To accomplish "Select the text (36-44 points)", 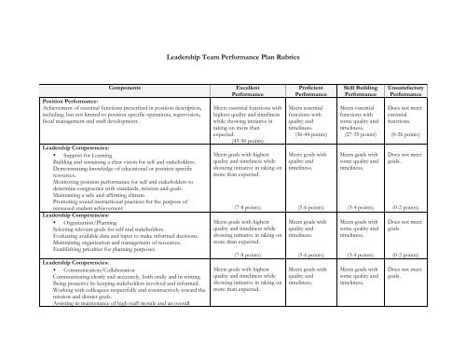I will point(308,133).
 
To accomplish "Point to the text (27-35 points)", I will point(361,133).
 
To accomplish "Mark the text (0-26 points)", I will point(413,133).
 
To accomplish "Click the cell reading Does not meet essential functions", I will point(411,114).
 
